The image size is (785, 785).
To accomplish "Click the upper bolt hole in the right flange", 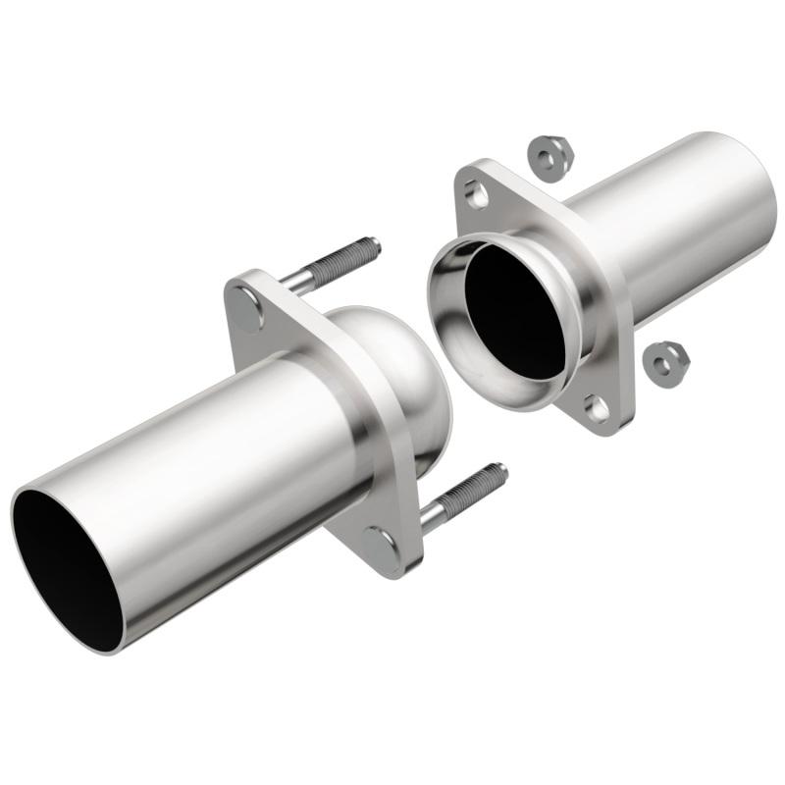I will coord(478,195).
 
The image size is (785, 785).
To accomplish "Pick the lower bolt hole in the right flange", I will coord(598,406).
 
